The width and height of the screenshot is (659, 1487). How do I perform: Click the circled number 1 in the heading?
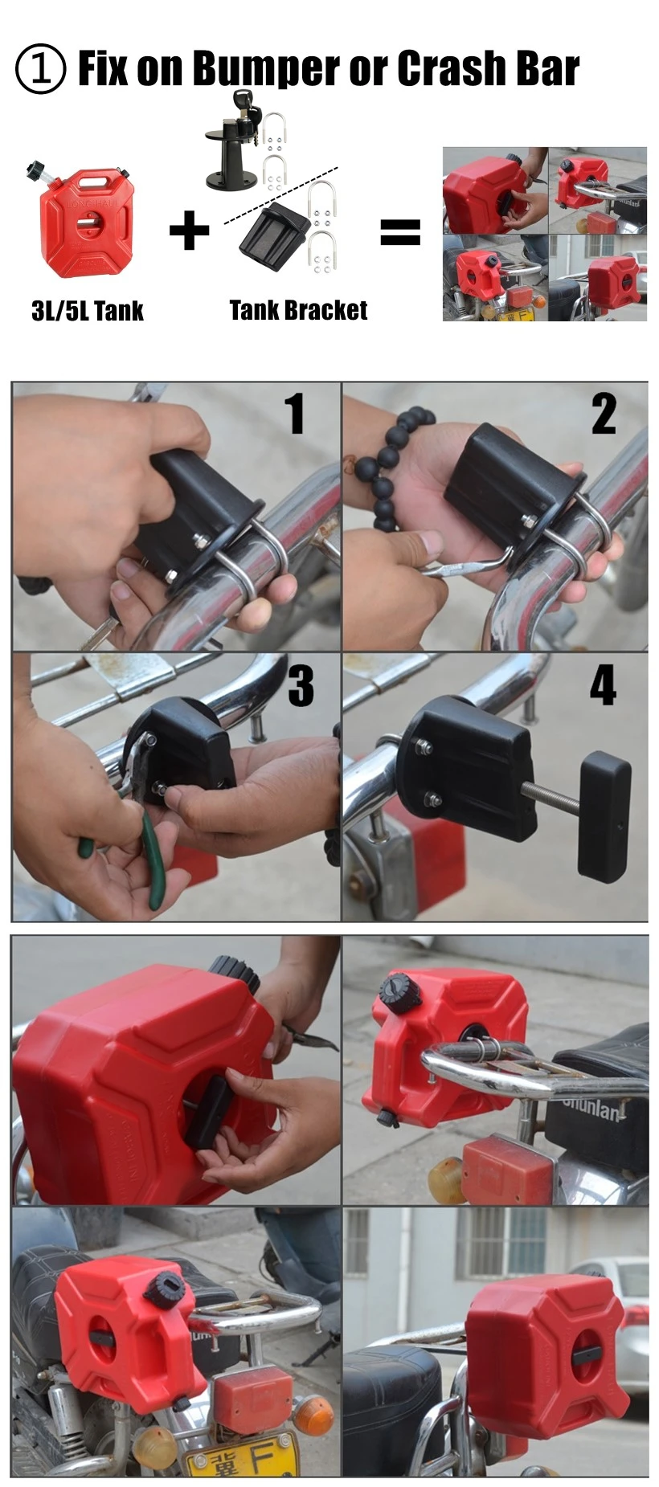coord(39,69)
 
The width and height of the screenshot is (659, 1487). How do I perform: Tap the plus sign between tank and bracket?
coord(189,231)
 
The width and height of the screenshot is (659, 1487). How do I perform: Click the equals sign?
coord(399,232)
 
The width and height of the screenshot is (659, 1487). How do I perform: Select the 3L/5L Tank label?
coord(87,311)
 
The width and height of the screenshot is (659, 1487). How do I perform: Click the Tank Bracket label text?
coord(298,310)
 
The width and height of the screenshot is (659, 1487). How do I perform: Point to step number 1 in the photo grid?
coord(295,414)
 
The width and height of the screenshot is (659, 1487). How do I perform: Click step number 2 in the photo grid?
coord(604,415)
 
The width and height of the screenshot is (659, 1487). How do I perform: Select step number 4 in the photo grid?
coord(603,685)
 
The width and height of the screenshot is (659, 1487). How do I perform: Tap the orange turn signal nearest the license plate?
coord(313,1415)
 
